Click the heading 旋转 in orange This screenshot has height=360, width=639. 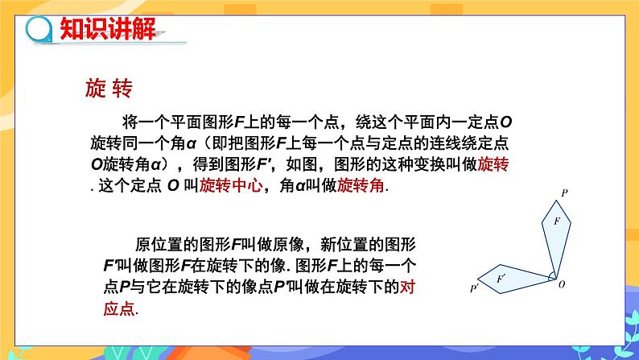(107, 87)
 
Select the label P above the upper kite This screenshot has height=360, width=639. (564, 192)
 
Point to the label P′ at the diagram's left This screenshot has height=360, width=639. (476, 287)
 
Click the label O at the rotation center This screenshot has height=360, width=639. (562, 284)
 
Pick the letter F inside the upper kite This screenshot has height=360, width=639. (556, 220)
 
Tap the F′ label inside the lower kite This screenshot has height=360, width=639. (501, 278)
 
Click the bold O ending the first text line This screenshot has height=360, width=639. (506, 122)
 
